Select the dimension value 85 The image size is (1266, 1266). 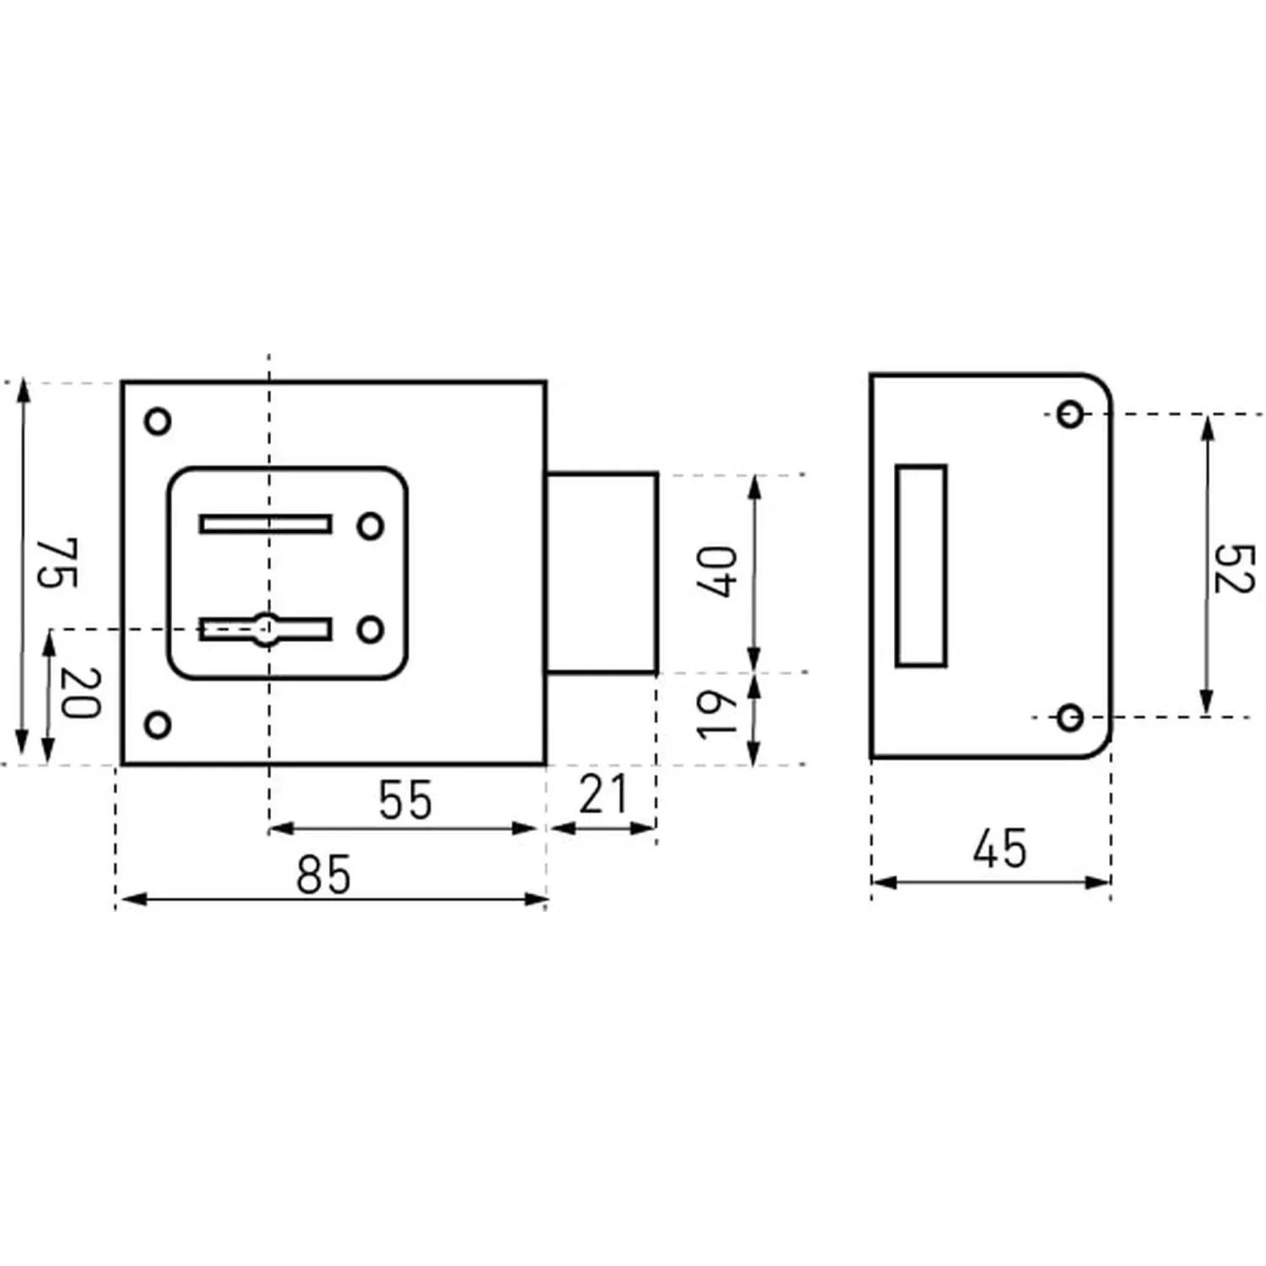[323, 874]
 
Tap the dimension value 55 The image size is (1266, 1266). [405, 800]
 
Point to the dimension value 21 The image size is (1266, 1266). [603, 795]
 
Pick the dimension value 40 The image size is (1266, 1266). [717, 571]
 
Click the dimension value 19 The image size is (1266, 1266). [717, 714]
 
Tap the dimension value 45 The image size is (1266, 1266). [1000, 848]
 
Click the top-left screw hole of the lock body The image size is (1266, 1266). [158, 420]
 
